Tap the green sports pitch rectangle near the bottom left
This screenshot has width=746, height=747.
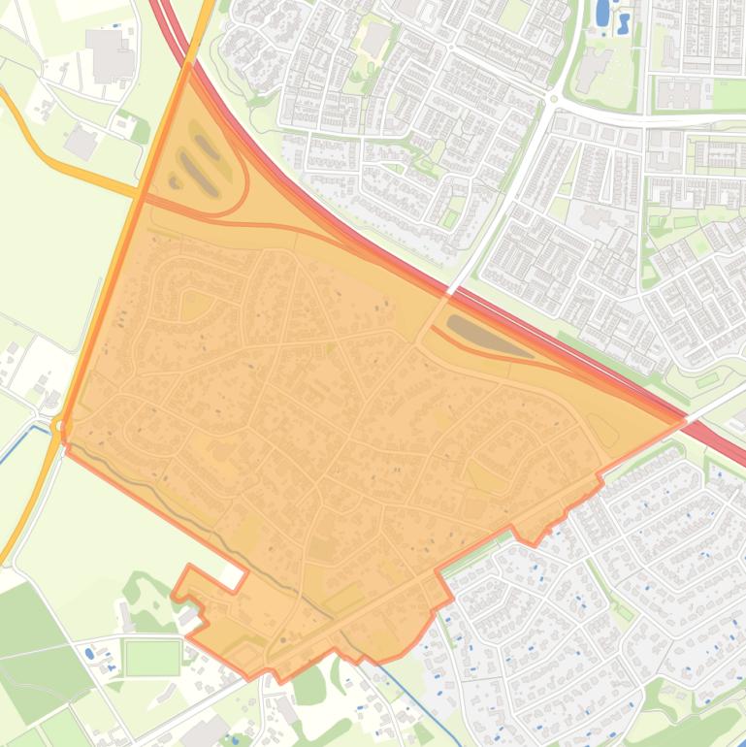coord(152,657)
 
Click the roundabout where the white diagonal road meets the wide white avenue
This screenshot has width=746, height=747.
coord(554,99)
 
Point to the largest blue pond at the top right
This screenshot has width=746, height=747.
coord(602,13)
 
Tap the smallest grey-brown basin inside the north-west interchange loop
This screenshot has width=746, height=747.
coord(176,180)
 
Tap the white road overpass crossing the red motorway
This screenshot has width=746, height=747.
coord(452,288)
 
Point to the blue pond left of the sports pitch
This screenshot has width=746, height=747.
coord(89,653)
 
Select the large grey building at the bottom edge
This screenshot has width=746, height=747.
coord(210,732)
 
